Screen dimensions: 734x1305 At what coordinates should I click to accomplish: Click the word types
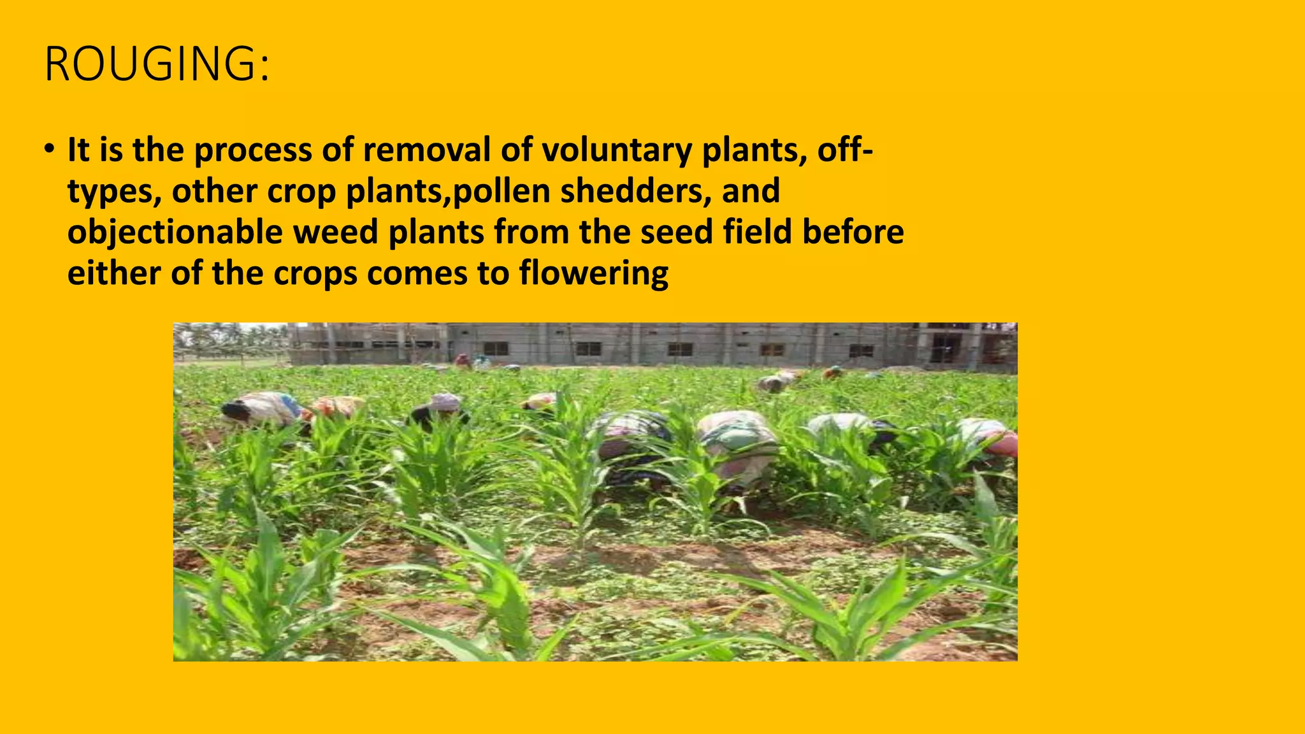[x=114, y=192]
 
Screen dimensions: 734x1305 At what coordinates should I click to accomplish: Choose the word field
[x=757, y=231]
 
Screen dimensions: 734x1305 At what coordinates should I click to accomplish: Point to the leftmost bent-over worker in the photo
[x=258, y=408]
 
